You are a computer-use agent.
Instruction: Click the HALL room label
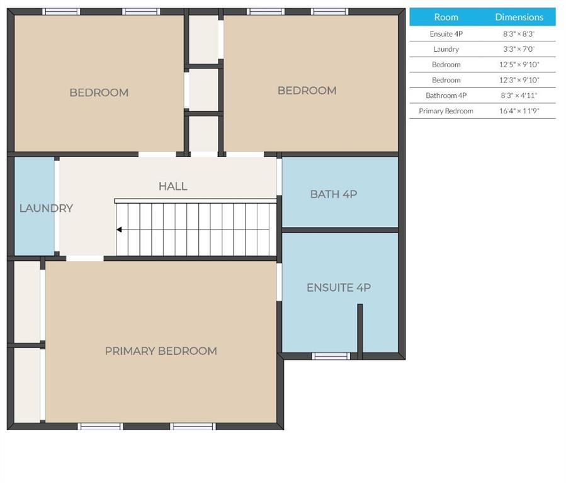point(173,186)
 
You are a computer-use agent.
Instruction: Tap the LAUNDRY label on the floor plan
point(46,208)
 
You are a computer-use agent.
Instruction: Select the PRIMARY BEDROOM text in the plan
point(161,351)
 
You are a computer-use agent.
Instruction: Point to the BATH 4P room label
point(334,194)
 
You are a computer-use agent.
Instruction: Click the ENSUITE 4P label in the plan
point(339,287)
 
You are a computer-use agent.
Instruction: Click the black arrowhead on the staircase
point(119,230)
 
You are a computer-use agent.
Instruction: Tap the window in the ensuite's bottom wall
point(331,356)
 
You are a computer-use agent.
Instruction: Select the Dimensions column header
point(519,17)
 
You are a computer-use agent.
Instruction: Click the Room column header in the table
point(446,17)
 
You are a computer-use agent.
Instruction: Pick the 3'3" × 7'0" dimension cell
point(519,49)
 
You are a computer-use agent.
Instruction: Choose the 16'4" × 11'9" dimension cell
point(519,111)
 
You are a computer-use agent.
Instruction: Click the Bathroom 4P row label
point(446,96)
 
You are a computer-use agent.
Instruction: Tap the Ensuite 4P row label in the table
point(446,34)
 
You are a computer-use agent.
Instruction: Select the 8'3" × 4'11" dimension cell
point(519,96)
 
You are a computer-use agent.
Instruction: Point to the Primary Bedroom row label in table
point(446,111)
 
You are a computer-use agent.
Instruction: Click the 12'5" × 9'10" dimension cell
point(519,65)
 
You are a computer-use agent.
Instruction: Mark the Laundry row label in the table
point(446,49)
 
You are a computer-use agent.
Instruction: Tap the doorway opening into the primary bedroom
point(85,258)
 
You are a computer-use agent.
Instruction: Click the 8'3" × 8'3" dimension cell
point(519,34)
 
